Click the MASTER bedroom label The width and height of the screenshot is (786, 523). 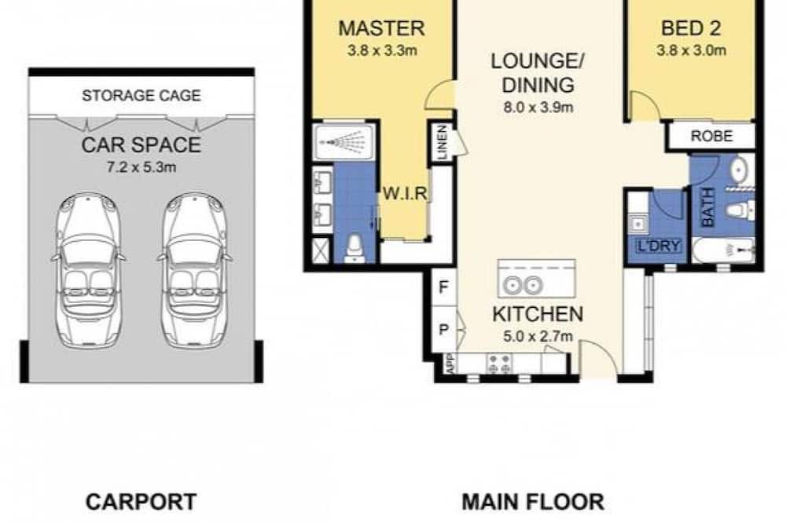coord(381,28)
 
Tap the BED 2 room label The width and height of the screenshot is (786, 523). coord(691,28)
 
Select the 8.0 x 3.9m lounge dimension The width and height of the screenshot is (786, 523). coord(538,108)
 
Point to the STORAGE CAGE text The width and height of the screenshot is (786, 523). coord(141,95)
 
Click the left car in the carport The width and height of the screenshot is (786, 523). coord(88,270)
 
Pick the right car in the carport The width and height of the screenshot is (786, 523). coord(195,270)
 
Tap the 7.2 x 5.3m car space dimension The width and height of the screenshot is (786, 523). coord(141,167)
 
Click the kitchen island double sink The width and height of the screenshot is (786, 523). coord(523,286)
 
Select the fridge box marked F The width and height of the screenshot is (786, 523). coord(444,287)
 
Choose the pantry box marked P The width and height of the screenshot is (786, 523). coord(444,330)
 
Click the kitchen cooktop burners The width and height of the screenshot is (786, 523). coord(499,364)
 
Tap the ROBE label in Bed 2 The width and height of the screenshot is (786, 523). coord(711,136)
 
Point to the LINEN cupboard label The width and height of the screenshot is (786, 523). coord(442,143)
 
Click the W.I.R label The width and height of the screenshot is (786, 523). coord(405,193)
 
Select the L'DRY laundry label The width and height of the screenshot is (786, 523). coord(659,246)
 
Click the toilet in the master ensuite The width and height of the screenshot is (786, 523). coord(355,248)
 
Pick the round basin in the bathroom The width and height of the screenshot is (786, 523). coord(739,170)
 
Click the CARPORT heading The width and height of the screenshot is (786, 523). coord(141,502)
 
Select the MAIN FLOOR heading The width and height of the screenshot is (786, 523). coord(533,502)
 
